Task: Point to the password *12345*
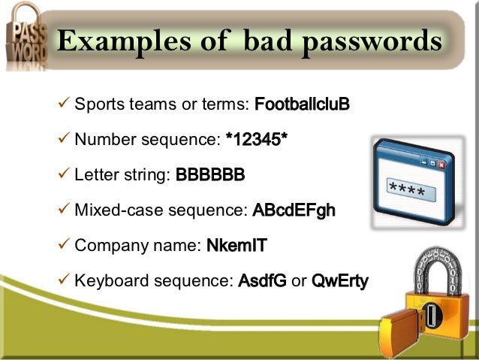coord(256,138)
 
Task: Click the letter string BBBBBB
coord(210,174)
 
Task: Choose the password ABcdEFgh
coord(294,210)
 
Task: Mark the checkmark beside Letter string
coord(63,174)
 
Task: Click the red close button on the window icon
coord(440,163)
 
